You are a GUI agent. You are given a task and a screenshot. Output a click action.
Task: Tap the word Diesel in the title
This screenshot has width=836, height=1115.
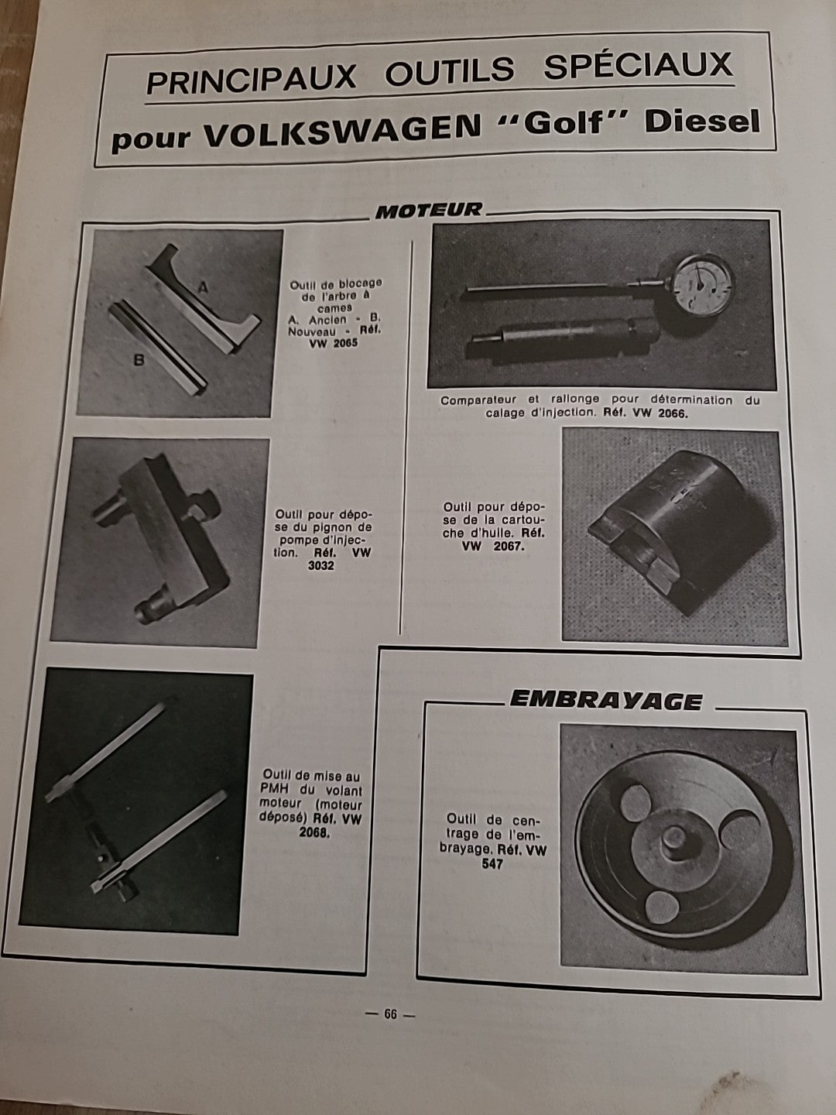pyautogui.click(x=702, y=122)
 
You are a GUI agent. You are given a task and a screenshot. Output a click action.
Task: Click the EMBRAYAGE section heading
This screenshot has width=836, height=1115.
pyautogui.click(x=605, y=701)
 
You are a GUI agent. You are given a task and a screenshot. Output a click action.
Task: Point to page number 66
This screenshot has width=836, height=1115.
pyautogui.click(x=389, y=1014)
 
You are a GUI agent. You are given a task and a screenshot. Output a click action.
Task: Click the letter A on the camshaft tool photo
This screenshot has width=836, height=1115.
pyautogui.click(x=204, y=288)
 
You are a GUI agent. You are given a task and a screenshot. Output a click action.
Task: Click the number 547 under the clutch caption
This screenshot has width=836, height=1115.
pyautogui.click(x=491, y=864)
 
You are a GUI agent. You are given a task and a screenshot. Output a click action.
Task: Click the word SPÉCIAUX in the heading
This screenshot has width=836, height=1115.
pyautogui.click(x=637, y=67)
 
